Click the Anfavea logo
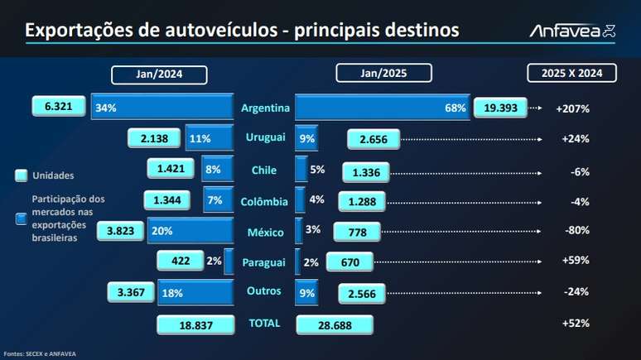click(x=572, y=31)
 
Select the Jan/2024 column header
click(x=159, y=74)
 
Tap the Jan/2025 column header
click(x=383, y=73)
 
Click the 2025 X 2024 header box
click(x=572, y=73)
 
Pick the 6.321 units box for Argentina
click(x=60, y=108)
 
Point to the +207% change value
click(x=572, y=108)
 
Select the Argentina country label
click(x=265, y=108)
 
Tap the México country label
click(x=265, y=232)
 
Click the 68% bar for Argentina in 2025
click(x=381, y=108)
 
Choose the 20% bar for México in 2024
click(x=190, y=232)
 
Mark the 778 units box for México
click(x=356, y=233)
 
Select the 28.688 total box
click(x=334, y=324)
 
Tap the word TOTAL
click(x=265, y=323)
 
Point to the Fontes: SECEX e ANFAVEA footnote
click(x=39, y=354)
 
